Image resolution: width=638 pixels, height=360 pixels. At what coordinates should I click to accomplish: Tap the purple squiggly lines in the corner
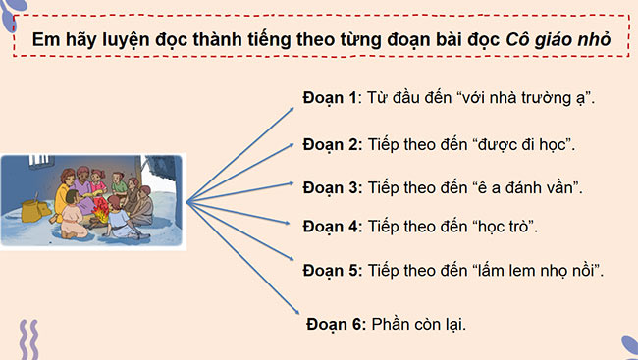(31, 338)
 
